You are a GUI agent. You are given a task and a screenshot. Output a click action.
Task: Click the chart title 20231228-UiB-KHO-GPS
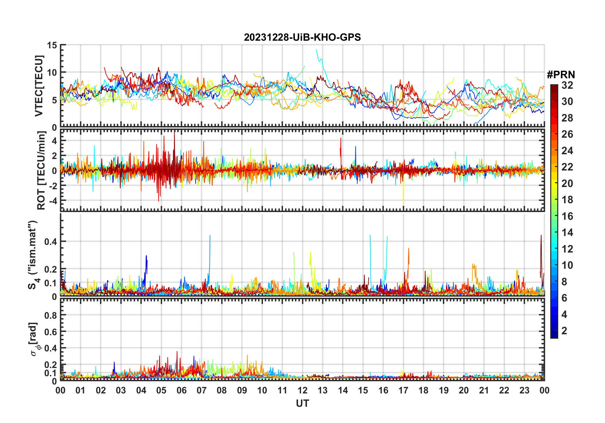[x=302, y=38]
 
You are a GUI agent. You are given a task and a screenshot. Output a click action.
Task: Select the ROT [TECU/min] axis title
[x=41, y=170]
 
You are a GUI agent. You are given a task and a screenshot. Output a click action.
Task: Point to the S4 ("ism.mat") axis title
[x=33, y=255]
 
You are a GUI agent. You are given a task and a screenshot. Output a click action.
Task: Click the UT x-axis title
[x=302, y=404]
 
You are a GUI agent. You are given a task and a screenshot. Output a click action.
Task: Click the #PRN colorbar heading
[x=561, y=75]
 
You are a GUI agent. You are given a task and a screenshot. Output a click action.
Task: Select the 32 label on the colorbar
[x=567, y=85]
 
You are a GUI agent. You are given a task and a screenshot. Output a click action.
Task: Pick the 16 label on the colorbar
[x=567, y=216]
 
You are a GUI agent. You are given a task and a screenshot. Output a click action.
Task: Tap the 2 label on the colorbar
[x=564, y=331]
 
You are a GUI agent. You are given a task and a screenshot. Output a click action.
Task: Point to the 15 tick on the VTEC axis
[x=52, y=45]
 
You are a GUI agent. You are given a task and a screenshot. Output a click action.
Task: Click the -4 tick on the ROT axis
[x=52, y=201]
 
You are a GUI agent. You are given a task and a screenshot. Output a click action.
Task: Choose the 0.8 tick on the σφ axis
[x=51, y=315]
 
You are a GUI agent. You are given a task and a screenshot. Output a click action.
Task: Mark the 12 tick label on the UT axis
[x=302, y=391]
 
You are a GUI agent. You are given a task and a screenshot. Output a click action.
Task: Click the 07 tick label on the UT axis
[x=202, y=391]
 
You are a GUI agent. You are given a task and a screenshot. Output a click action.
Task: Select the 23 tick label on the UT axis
[x=524, y=391]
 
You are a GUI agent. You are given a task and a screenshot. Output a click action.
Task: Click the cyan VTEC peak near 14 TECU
[x=316, y=50]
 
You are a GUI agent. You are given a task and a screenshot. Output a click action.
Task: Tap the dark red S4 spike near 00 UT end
[x=541, y=236]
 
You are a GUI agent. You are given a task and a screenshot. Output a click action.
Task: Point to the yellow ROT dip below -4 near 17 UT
[x=403, y=202]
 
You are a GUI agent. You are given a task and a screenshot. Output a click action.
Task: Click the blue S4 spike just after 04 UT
[x=146, y=256]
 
